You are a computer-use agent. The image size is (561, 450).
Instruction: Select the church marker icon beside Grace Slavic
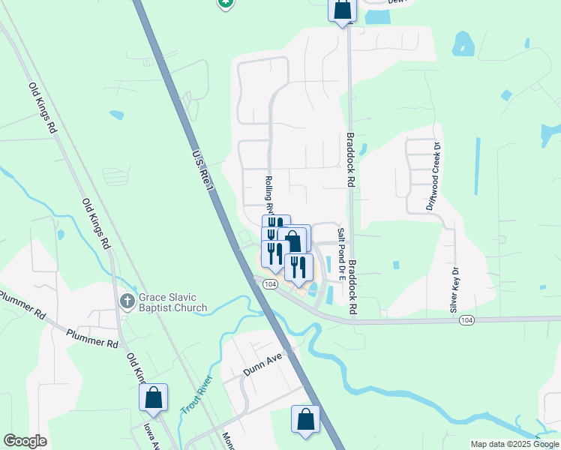coord(127,301)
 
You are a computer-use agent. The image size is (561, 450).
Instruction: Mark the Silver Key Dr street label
coord(454,289)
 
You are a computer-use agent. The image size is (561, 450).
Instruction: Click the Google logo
coord(25,440)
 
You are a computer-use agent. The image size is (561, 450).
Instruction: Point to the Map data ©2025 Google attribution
coord(514,444)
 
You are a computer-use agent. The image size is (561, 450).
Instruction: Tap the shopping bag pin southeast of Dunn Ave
coord(305,419)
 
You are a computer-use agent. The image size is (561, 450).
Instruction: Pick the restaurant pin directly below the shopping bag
coord(298,268)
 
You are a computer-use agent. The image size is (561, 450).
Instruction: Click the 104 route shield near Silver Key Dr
coord(466,320)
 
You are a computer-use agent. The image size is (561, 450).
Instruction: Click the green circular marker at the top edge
coord(224,3)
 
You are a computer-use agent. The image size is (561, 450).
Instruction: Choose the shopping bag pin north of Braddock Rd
coord(342,10)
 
